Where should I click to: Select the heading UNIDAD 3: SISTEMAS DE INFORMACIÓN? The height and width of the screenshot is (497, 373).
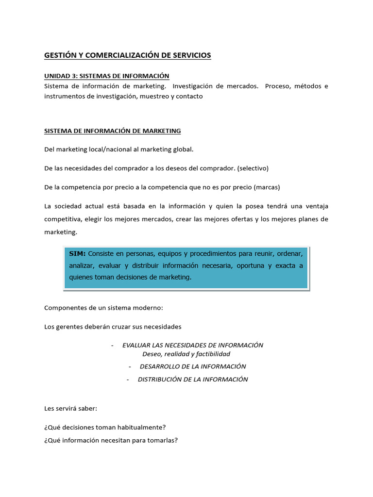click(x=107, y=76)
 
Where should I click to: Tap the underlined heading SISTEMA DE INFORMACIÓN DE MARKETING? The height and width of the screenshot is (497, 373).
click(x=112, y=131)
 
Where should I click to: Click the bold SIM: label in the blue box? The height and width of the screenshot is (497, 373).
click(x=77, y=253)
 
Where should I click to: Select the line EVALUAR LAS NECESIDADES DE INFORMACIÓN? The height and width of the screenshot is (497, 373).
click(x=193, y=345)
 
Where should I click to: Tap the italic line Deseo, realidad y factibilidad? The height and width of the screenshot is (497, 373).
click(x=186, y=354)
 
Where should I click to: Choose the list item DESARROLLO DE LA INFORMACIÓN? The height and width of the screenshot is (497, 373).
click(x=193, y=366)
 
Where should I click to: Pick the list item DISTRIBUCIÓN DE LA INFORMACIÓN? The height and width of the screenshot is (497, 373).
click(x=193, y=379)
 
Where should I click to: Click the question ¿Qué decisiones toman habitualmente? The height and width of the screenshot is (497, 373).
click(x=105, y=427)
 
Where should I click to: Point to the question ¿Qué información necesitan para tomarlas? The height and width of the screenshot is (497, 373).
click(x=111, y=440)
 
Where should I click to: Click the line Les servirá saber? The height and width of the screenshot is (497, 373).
click(x=71, y=408)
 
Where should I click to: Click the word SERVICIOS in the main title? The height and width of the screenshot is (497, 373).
click(x=192, y=55)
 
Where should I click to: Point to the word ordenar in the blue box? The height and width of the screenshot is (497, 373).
click(x=289, y=253)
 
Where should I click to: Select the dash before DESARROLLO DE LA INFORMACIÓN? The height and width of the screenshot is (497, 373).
click(x=131, y=366)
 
